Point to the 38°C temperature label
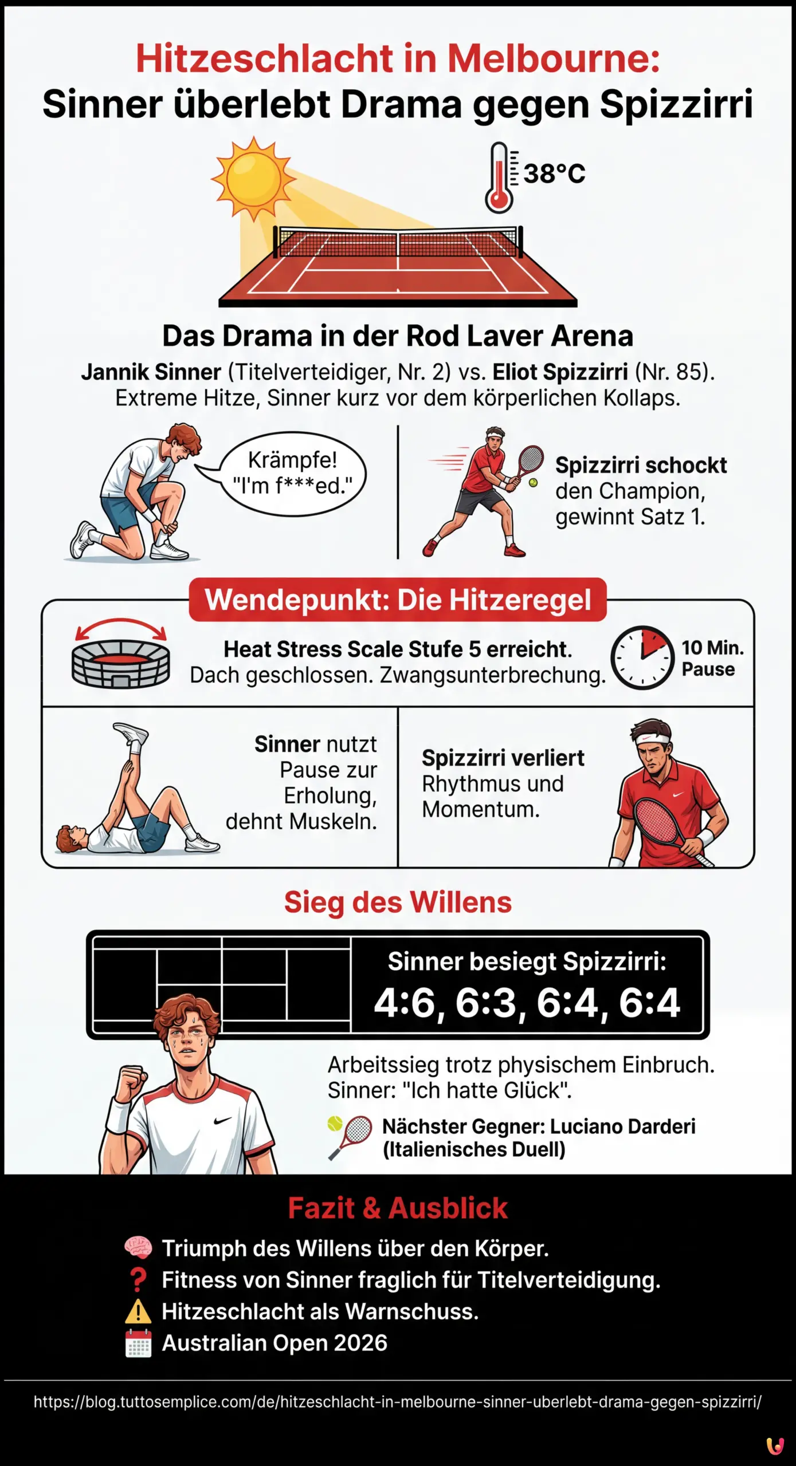[554, 174]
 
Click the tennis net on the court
[398, 242]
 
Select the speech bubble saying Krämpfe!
[292, 473]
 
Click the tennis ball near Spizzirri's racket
[534, 483]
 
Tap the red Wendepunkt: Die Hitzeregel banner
[398, 600]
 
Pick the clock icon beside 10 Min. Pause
[642, 658]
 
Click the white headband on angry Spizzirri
[653, 739]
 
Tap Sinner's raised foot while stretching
[131, 733]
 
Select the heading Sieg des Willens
[398, 903]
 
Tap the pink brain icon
[138, 1248]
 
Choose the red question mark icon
[138, 1279]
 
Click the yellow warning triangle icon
[138, 1311]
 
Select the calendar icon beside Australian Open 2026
[138, 1343]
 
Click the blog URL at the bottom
[398, 1402]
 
